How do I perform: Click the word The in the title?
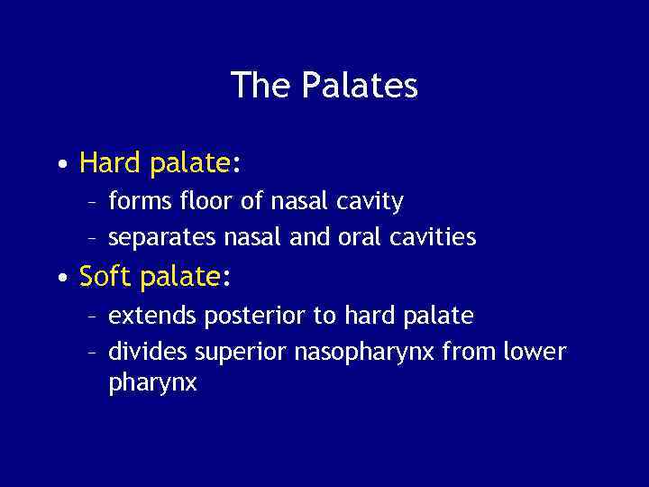(261, 86)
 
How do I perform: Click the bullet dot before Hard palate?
(59, 165)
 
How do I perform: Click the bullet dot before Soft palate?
(59, 279)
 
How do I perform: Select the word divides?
(147, 351)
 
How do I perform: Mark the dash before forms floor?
(92, 201)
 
